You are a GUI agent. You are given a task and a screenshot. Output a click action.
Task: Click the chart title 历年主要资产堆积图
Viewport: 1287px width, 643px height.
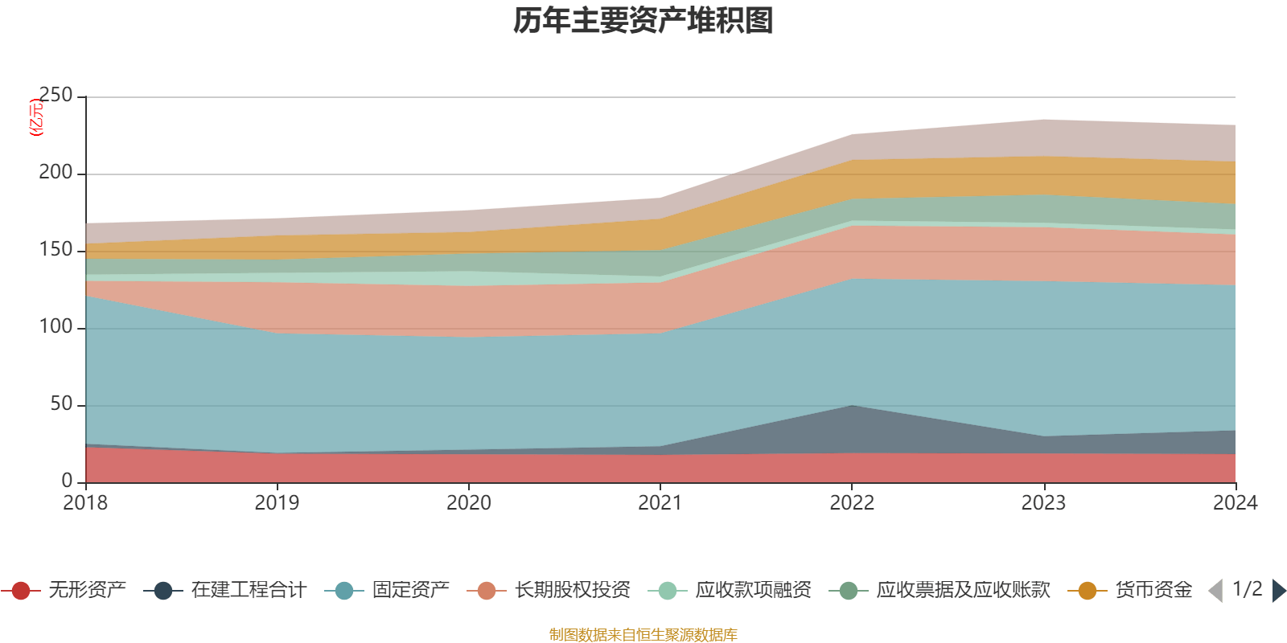tap(643, 21)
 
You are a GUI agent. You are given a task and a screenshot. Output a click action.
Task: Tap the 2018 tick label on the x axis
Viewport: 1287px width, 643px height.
tap(85, 503)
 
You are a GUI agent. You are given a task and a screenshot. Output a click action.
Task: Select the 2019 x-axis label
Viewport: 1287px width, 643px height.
tap(277, 503)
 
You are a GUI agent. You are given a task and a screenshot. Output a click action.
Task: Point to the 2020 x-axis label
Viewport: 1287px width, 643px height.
tap(468, 503)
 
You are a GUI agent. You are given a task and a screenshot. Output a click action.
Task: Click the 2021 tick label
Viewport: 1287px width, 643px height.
tap(660, 503)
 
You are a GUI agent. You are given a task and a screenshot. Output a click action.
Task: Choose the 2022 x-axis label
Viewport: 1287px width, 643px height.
tap(852, 503)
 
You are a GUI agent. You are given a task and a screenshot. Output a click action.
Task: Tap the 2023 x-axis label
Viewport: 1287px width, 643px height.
tap(1043, 503)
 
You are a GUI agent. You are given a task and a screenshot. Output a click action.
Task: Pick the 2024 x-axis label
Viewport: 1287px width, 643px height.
tap(1235, 503)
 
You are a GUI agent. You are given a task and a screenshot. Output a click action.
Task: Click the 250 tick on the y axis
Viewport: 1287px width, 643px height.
tap(56, 96)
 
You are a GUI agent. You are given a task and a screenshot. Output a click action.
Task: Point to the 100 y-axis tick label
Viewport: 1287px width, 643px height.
tap(56, 327)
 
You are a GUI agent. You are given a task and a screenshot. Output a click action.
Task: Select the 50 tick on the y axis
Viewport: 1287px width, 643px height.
tap(61, 404)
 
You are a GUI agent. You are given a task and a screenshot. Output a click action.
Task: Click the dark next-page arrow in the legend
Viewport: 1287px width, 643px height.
tap(1278, 591)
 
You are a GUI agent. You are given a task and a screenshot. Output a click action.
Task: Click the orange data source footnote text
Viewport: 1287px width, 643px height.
tap(643, 635)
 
